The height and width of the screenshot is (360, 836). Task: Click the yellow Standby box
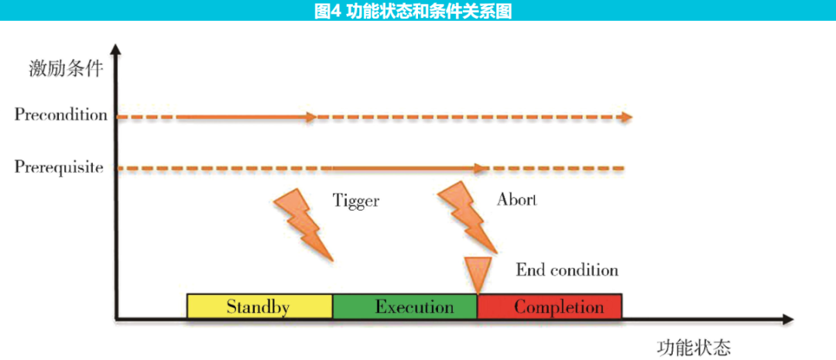[x=259, y=307]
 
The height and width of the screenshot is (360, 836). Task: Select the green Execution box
[x=405, y=307]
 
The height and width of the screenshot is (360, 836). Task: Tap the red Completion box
[x=550, y=307]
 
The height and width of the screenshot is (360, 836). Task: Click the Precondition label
[x=60, y=115]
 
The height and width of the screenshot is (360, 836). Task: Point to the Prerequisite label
[x=59, y=166]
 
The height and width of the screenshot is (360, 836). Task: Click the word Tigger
[x=356, y=201]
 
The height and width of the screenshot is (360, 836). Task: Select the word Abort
[x=516, y=200]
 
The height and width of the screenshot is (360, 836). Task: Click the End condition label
[x=567, y=270]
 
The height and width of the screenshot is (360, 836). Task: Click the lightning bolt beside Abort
[x=464, y=217]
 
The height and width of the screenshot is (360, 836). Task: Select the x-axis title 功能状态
[x=694, y=346]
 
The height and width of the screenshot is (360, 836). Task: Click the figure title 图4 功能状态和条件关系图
[x=418, y=10]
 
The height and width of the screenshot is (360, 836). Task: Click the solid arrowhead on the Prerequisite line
[x=481, y=167]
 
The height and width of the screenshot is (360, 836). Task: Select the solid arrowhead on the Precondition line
[x=310, y=118]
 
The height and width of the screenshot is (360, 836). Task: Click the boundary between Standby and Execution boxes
[x=333, y=307]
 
